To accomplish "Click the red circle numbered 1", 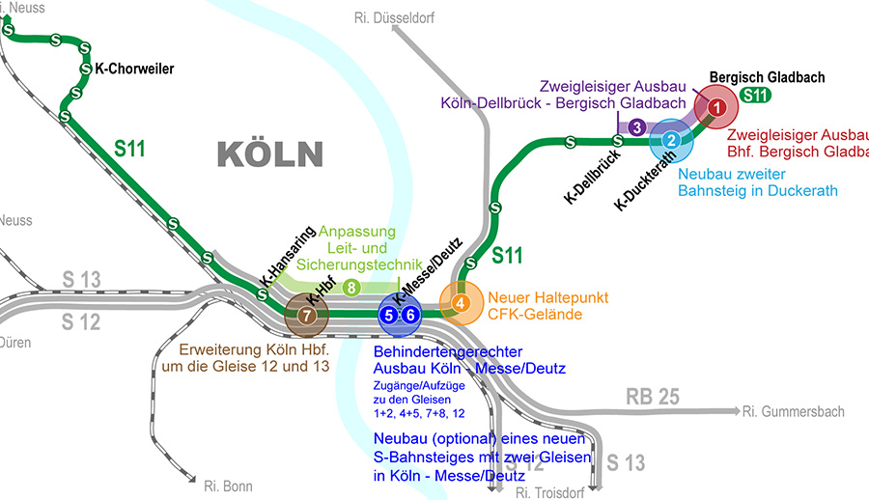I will pyautogui.click(x=716, y=105).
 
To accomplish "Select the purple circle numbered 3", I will pyautogui.click(x=636, y=126).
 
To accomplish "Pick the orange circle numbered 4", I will pyautogui.click(x=462, y=303).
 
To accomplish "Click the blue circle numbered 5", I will pyautogui.click(x=388, y=314).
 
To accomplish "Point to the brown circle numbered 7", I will pyautogui.click(x=305, y=315).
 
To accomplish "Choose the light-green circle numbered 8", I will pyautogui.click(x=351, y=287).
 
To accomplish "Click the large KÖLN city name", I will pyautogui.click(x=269, y=154).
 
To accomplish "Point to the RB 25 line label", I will pyautogui.click(x=654, y=396).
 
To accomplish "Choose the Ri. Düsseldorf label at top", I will pyautogui.click(x=396, y=17).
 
